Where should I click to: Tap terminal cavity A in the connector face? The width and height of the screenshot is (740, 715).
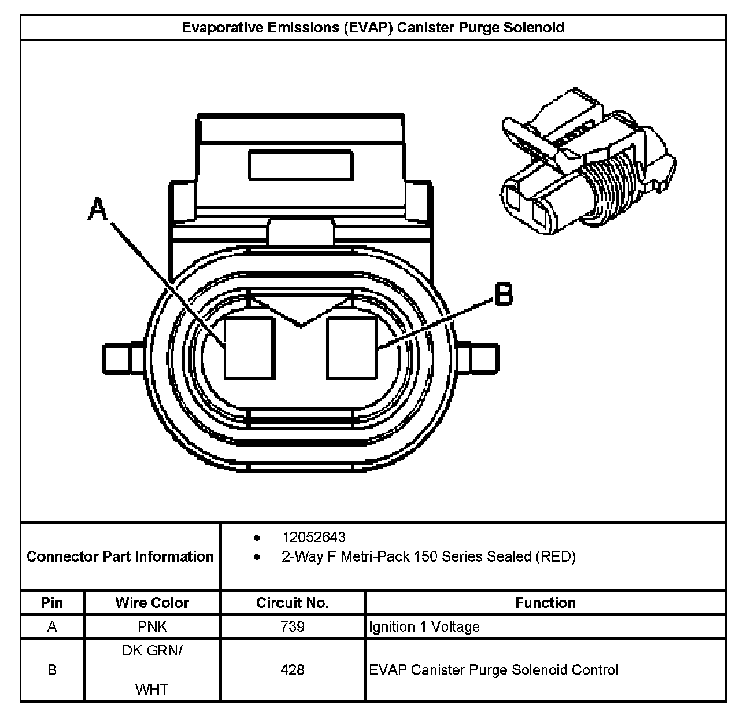pyautogui.click(x=249, y=348)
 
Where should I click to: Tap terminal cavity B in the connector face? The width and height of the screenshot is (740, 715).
pyautogui.click(x=351, y=348)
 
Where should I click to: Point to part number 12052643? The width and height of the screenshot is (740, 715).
pyautogui.click(x=313, y=537)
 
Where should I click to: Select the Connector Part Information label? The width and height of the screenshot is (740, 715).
pyautogui.click(x=120, y=556)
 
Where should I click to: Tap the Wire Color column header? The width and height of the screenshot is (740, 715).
pyautogui.click(x=152, y=603)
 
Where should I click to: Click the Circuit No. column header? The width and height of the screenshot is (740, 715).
pyautogui.click(x=293, y=603)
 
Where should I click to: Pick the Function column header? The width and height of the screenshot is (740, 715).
pyautogui.click(x=545, y=603)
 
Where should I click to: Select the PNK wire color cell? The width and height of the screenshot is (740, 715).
pyautogui.click(x=152, y=626)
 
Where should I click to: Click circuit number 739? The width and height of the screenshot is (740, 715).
pyautogui.click(x=293, y=626)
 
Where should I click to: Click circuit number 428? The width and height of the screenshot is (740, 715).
pyautogui.click(x=293, y=670)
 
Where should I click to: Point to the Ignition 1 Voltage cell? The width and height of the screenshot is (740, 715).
pyautogui.click(x=424, y=626)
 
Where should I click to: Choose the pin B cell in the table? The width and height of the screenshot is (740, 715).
pyautogui.click(x=52, y=670)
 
